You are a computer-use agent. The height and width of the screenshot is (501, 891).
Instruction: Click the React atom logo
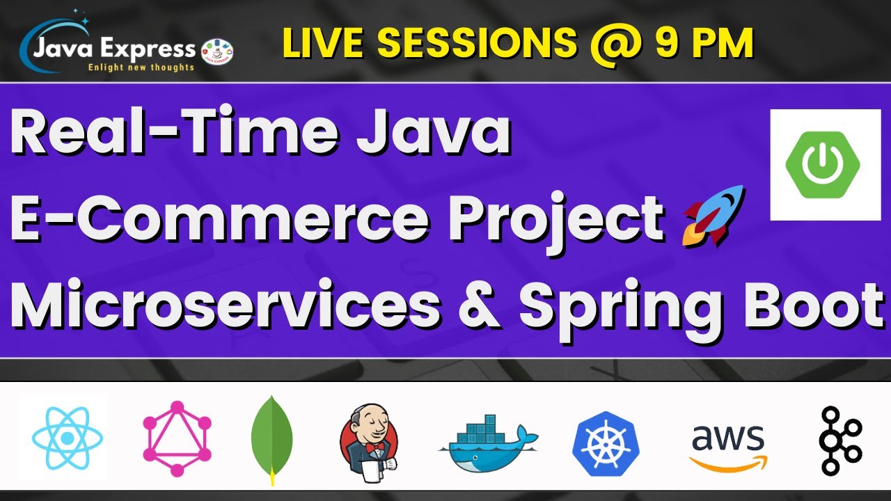[67, 438]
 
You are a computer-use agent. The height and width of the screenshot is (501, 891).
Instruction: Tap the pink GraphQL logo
[178, 438]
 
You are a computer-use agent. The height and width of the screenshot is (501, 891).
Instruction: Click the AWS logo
[727, 445]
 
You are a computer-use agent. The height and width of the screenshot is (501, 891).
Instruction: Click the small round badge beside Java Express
[216, 51]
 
